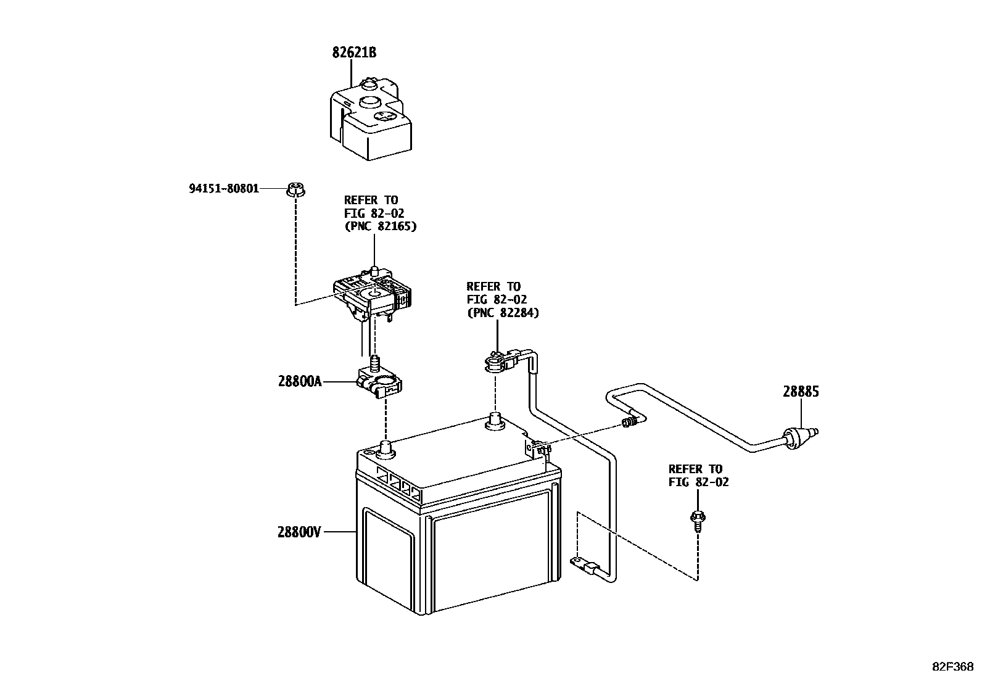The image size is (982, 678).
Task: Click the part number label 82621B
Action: (354, 53)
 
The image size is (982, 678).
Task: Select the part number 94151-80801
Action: (224, 188)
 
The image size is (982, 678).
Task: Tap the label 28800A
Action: (300, 381)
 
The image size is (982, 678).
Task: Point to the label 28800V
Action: (299, 531)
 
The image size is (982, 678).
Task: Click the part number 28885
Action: (801, 392)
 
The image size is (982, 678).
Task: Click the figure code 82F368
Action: (952, 667)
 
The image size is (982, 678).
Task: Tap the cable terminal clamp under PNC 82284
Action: (498, 361)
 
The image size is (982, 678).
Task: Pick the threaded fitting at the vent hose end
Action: (629, 423)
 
